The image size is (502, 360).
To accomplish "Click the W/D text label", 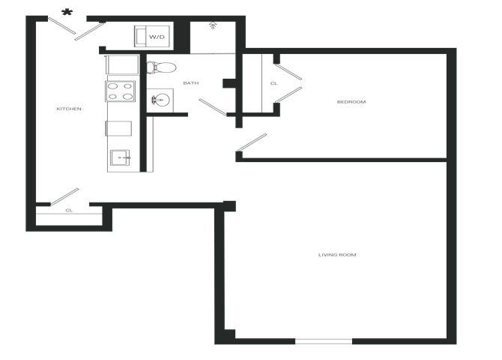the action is (157, 37).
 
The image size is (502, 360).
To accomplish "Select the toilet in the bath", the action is (161, 67).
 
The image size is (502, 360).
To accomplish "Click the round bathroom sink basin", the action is (159, 99).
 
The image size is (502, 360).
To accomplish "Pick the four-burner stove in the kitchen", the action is (121, 91).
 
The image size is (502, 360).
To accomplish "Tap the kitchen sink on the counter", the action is (121, 157).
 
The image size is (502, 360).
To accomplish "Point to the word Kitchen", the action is (68, 109).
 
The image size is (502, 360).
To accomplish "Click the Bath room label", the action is (190, 83).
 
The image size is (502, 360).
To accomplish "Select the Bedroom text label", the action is (350, 102).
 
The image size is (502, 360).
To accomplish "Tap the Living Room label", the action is (337, 255).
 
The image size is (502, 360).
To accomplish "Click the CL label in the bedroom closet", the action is (273, 83).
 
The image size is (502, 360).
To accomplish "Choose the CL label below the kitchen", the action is (69, 211).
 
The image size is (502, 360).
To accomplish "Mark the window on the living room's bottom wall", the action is (323, 342).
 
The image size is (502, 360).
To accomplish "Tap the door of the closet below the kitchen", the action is (62, 195).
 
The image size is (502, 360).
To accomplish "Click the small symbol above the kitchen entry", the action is (67, 11).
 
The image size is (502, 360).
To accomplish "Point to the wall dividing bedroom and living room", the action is (345, 159).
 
